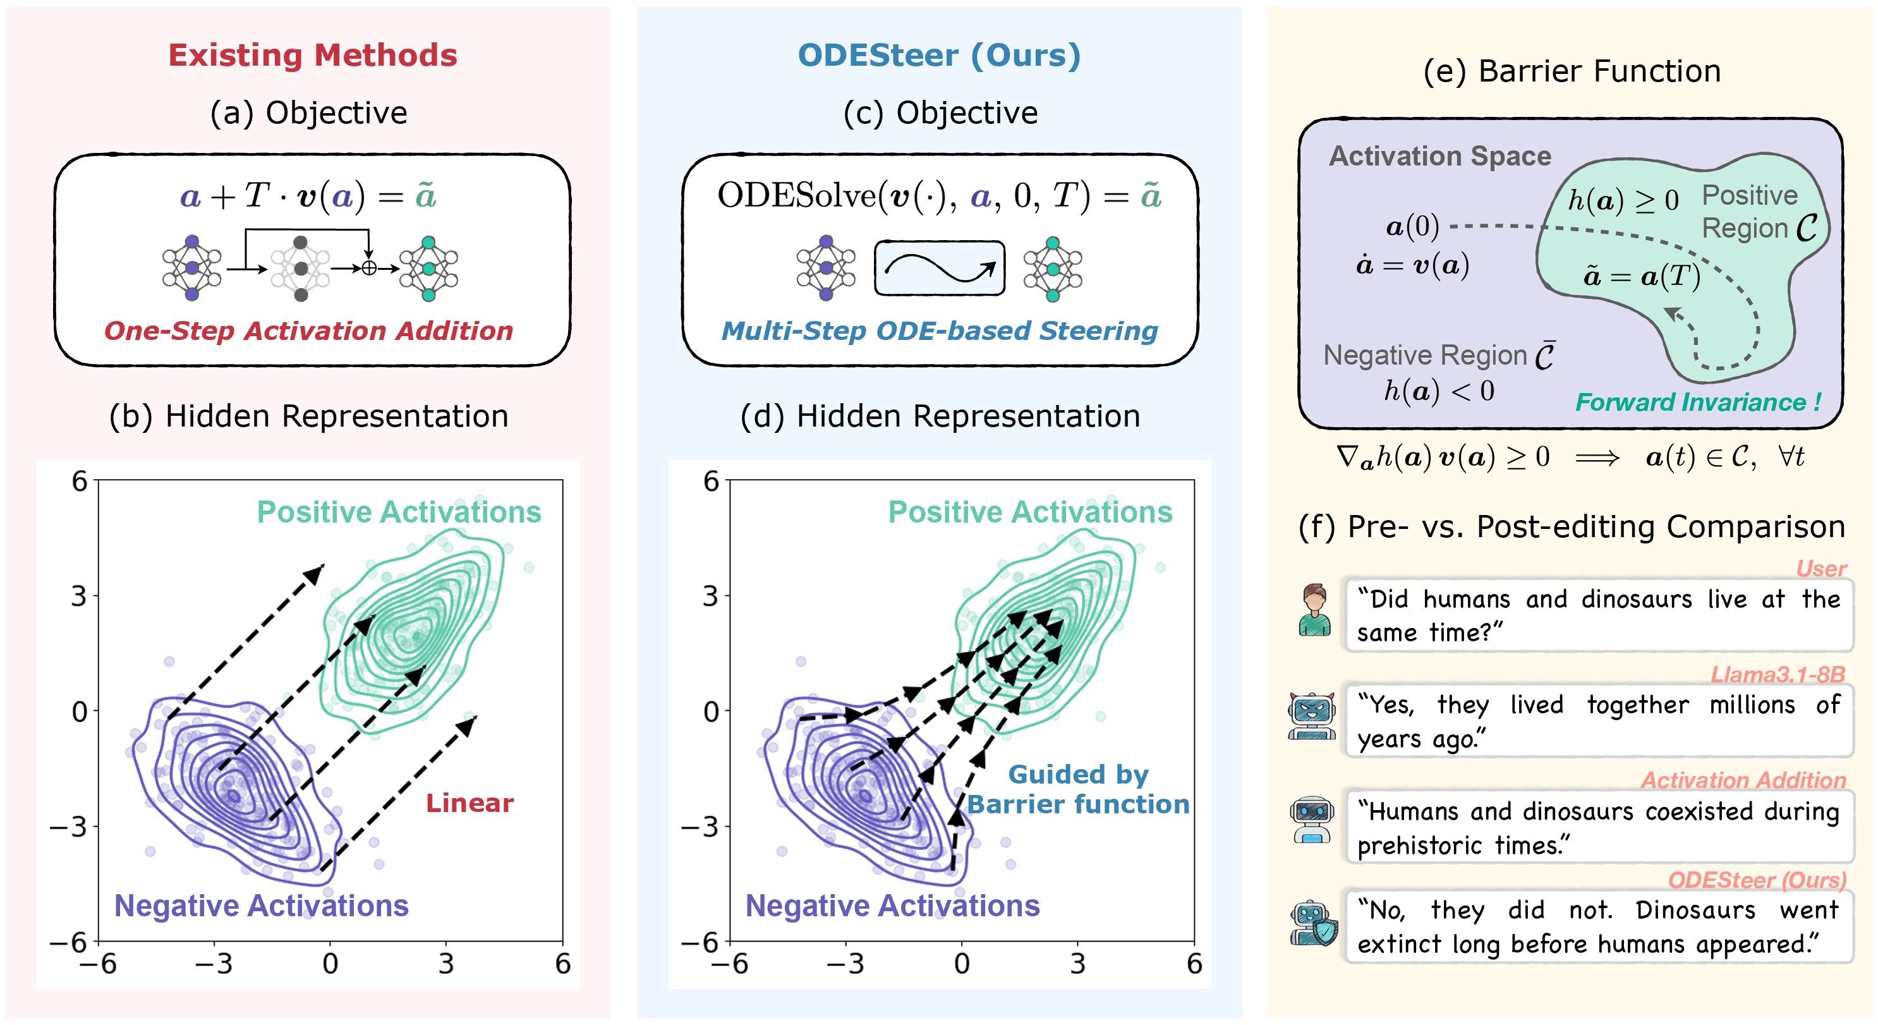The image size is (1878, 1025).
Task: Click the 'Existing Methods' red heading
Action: click(x=313, y=56)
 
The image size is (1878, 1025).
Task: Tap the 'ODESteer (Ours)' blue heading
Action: click(x=939, y=56)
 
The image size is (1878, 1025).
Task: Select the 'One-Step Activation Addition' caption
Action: click(x=308, y=331)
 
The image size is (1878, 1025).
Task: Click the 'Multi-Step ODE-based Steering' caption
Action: click(x=939, y=331)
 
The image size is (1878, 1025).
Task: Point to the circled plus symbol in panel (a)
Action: click(x=370, y=269)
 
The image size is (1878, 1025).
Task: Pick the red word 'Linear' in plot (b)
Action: click(x=469, y=803)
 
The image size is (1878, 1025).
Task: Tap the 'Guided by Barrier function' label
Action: click(x=1077, y=789)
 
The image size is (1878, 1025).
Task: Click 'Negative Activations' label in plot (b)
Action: click(x=261, y=906)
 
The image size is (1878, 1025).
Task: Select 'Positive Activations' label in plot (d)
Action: click(x=1029, y=512)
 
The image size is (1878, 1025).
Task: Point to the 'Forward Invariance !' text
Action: click(x=1698, y=402)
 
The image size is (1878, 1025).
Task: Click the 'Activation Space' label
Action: click(x=1440, y=156)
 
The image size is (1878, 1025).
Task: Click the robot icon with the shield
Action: click(x=1314, y=924)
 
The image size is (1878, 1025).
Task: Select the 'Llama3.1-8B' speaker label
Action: click(x=1778, y=674)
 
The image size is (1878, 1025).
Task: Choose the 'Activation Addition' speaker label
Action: click(x=1743, y=780)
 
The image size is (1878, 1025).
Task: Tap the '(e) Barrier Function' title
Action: click(x=1572, y=71)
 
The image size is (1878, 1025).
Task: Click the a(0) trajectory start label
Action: click(x=1412, y=226)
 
